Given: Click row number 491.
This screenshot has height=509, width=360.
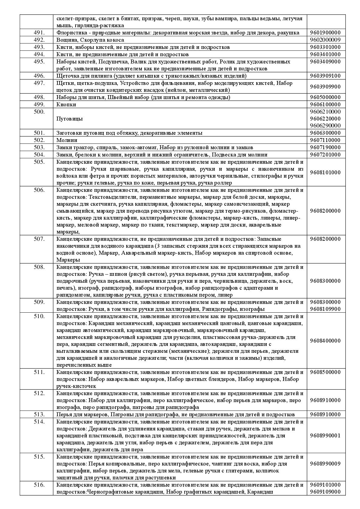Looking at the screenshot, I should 39,33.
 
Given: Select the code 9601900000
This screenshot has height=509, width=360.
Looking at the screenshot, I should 325,33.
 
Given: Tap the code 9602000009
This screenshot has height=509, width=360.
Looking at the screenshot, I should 325,40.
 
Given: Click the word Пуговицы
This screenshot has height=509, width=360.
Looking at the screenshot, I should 70,119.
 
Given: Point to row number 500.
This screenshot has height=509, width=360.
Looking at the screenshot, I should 39,112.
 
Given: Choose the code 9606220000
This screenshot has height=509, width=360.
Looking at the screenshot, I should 325,119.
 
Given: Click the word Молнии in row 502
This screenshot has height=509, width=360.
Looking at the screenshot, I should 67,140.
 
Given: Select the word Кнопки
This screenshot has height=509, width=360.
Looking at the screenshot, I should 66,105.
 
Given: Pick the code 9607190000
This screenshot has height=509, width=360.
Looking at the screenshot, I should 325,147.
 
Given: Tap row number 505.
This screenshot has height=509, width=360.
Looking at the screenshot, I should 39,162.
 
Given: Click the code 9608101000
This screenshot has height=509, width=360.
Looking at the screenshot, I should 325,172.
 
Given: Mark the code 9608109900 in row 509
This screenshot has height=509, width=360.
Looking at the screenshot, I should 325,309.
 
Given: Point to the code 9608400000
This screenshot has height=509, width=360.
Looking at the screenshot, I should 325,341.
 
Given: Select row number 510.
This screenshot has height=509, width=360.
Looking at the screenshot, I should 39,316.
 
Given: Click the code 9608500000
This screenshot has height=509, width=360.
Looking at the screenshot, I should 325,372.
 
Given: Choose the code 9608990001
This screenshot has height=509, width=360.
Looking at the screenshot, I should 325,436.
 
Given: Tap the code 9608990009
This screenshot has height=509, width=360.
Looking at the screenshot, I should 325,464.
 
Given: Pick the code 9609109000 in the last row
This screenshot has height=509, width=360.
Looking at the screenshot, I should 325,492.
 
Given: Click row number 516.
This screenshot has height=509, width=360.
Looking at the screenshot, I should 39,485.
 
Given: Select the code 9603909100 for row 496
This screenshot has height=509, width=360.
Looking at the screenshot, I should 325,76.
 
